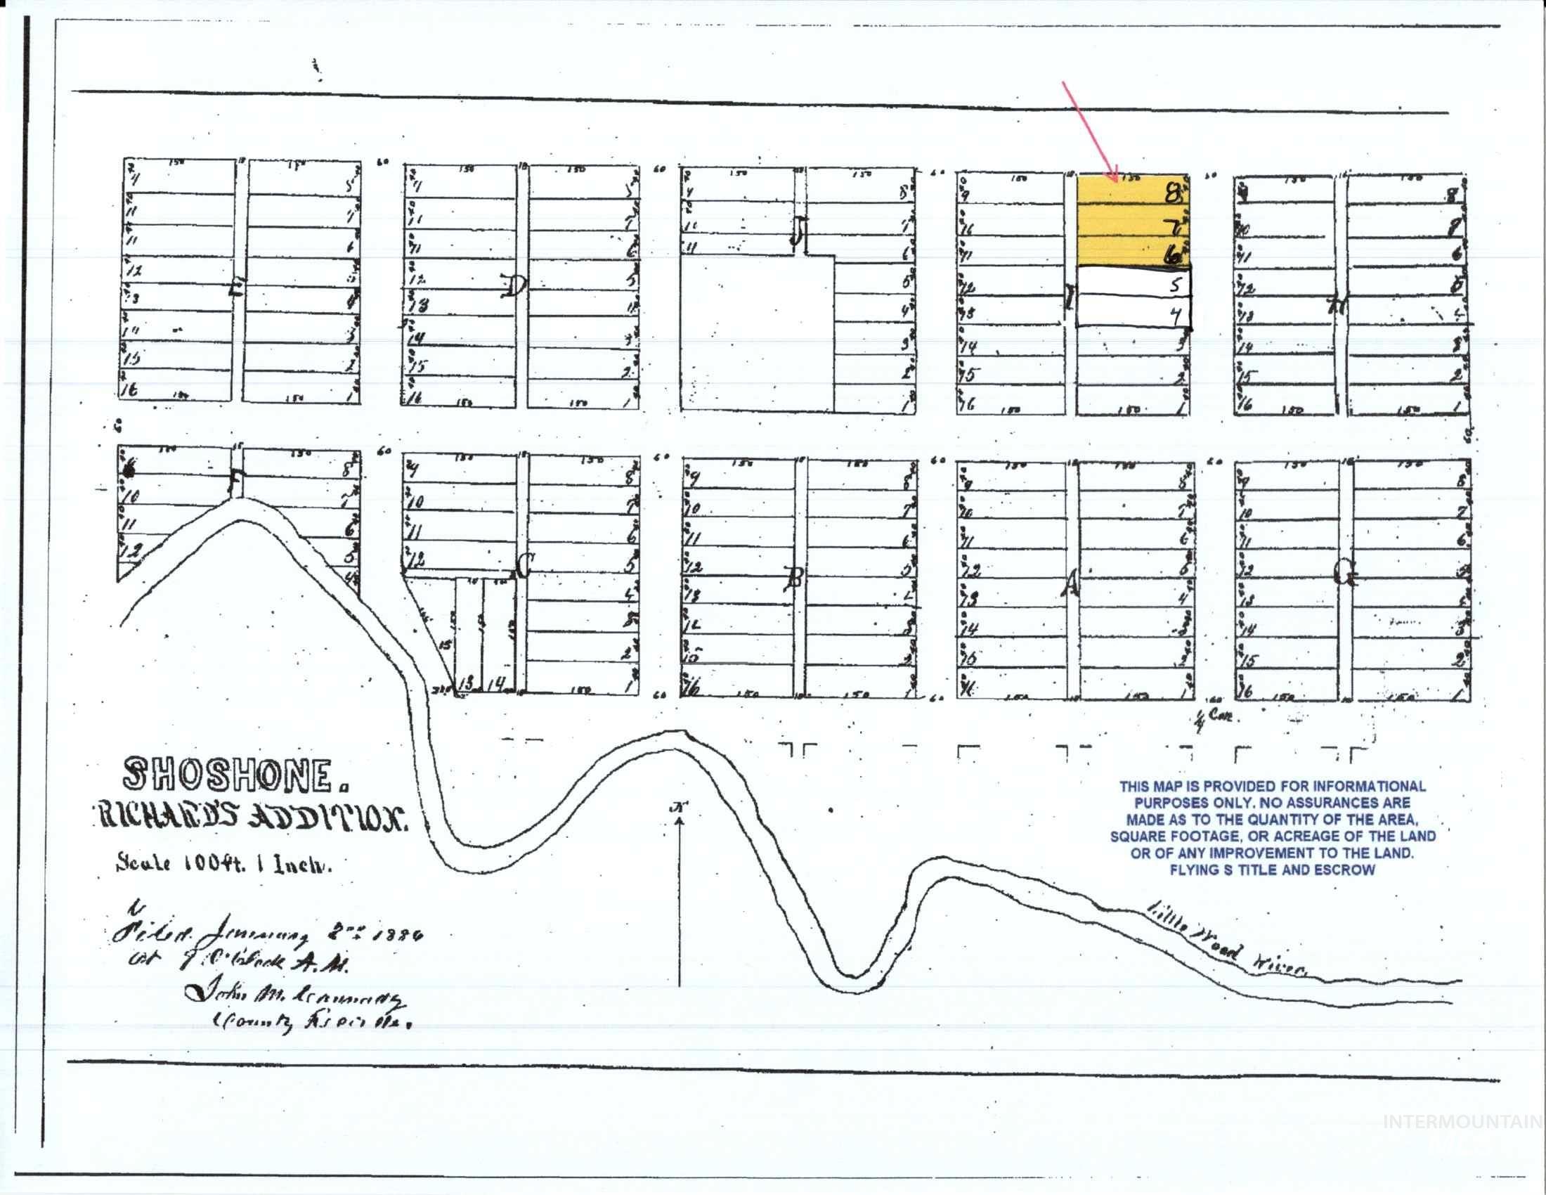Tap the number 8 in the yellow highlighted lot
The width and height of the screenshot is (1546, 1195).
click(x=1174, y=193)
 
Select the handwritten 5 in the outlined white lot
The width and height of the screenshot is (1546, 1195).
click(x=1176, y=285)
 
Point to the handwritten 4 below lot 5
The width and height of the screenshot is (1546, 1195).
click(x=1176, y=317)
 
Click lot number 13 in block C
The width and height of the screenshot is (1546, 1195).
click(x=466, y=684)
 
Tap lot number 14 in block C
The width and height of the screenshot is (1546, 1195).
click(x=498, y=684)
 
